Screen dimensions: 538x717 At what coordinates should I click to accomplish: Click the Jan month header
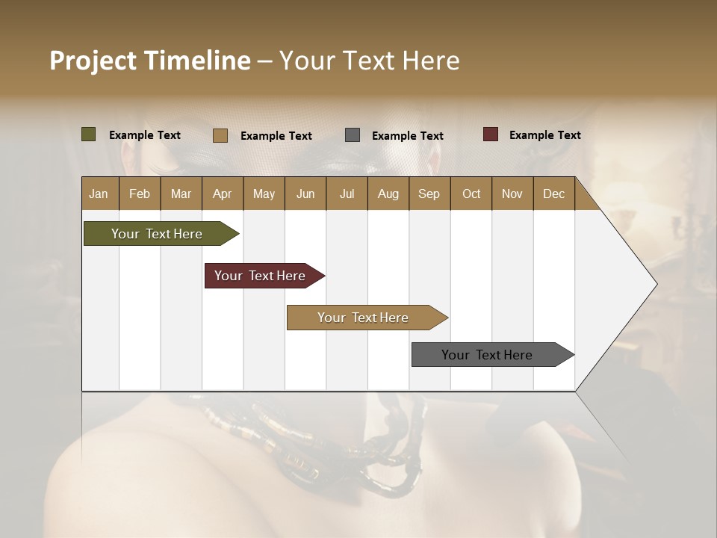pyautogui.click(x=99, y=194)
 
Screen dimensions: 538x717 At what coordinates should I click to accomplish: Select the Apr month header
pyautogui.click(x=222, y=194)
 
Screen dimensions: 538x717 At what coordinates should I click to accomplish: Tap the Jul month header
pyautogui.click(x=347, y=194)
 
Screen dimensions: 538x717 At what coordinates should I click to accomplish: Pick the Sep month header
pyautogui.click(x=429, y=194)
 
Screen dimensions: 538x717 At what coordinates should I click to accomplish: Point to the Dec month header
pyautogui.click(x=553, y=194)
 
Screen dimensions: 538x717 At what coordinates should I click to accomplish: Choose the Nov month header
pyautogui.click(x=512, y=194)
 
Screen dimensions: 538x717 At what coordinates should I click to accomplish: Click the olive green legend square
pyautogui.click(x=88, y=134)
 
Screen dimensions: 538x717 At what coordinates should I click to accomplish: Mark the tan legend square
pyautogui.click(x=220, y=135)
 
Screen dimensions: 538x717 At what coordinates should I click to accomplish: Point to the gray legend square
pyautogui.click(x=353, y=134)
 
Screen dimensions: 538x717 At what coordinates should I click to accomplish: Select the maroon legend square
pyautogui.click(x=491, y=134)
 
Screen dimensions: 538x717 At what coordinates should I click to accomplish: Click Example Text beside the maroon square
pyautogui.click(x=544, y=135)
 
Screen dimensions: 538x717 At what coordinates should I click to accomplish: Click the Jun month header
pyautogui.click(x=305, y=194)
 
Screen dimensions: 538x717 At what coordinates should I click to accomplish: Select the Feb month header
pyautogui.click(x=139, y=194)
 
